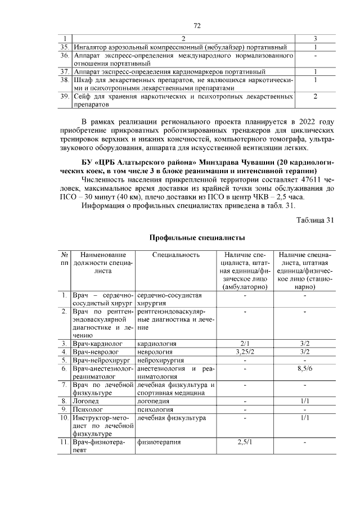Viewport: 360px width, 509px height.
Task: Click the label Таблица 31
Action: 315,220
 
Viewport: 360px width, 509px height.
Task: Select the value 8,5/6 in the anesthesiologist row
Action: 305,369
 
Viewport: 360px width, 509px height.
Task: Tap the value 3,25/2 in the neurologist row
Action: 245,352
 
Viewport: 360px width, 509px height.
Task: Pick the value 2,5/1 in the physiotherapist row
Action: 245,442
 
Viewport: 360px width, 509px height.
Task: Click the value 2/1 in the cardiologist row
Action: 245,343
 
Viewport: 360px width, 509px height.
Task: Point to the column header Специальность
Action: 176,255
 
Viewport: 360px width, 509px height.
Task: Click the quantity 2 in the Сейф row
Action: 315,97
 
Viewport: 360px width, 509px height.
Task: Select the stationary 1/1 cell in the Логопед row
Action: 305,401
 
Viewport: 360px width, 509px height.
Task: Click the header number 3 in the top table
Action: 315,38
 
